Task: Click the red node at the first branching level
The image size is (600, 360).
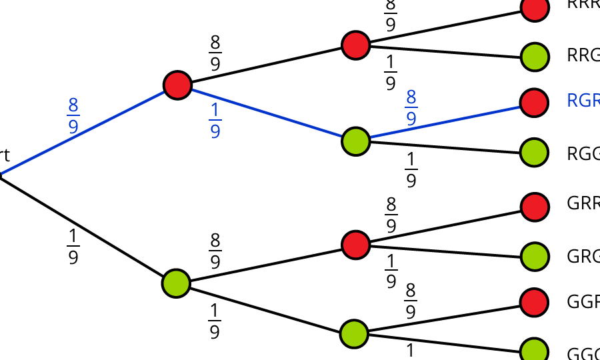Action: click(177, 85)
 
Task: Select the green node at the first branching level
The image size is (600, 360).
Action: click(176, 283)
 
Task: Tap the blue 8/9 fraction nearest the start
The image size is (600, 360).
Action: click(73, 115)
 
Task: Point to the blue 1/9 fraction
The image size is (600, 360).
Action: click(215, 121)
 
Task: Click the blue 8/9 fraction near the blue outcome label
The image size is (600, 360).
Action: click(411, 108)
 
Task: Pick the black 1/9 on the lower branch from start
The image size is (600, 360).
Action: click(73, 247)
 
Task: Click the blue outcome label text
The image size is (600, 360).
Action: click(583, 101)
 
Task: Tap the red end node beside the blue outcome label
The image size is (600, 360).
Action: click(535, 102)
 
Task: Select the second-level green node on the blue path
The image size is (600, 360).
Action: click(355, 141)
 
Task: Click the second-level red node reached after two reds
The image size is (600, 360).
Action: click(355, 45)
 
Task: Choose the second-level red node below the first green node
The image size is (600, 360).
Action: click(355, 244)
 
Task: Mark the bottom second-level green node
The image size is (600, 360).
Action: click(354, 333)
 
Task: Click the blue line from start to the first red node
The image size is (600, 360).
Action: click(87, 131)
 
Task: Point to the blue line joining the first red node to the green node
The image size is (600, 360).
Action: click(267, 113)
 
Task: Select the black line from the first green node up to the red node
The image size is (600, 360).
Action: click(267, 263)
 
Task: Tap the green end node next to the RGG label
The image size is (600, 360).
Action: click(535, 152)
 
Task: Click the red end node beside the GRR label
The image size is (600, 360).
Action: click(535, 207)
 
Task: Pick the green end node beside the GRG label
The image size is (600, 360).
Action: click(535, 256)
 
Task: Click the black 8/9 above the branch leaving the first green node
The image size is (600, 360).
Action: click(215, 251)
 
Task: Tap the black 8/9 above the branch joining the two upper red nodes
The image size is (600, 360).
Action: click(215, 53)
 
